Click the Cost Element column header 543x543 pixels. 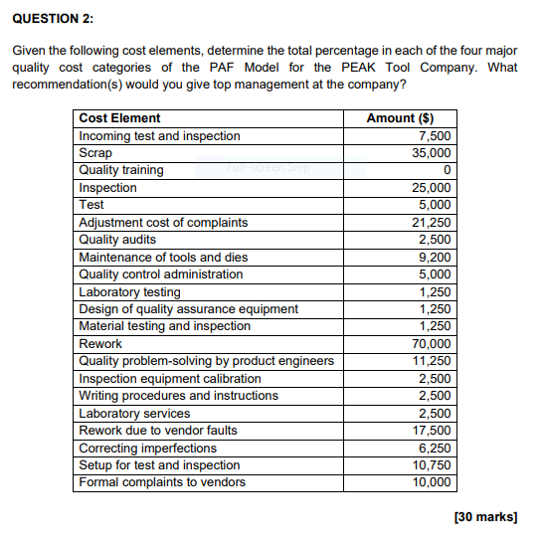tap(119, 118)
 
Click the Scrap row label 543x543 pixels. tap(95, 153)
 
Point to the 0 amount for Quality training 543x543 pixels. tap(448, 170)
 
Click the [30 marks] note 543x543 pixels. tap(484, 517)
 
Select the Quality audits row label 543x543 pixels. tap(117, 240)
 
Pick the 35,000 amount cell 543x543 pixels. tap(431, 153)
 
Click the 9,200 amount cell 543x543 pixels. tap(435, 257)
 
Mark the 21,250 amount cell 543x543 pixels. tap(431, 223)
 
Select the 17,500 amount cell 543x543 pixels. tap(431, 431)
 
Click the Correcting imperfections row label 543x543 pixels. tap(147, 449)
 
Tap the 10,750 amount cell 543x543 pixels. tap(431, 465)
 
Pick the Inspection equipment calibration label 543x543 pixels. tap(170, 379)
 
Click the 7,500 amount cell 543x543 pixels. tap(435, 136)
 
